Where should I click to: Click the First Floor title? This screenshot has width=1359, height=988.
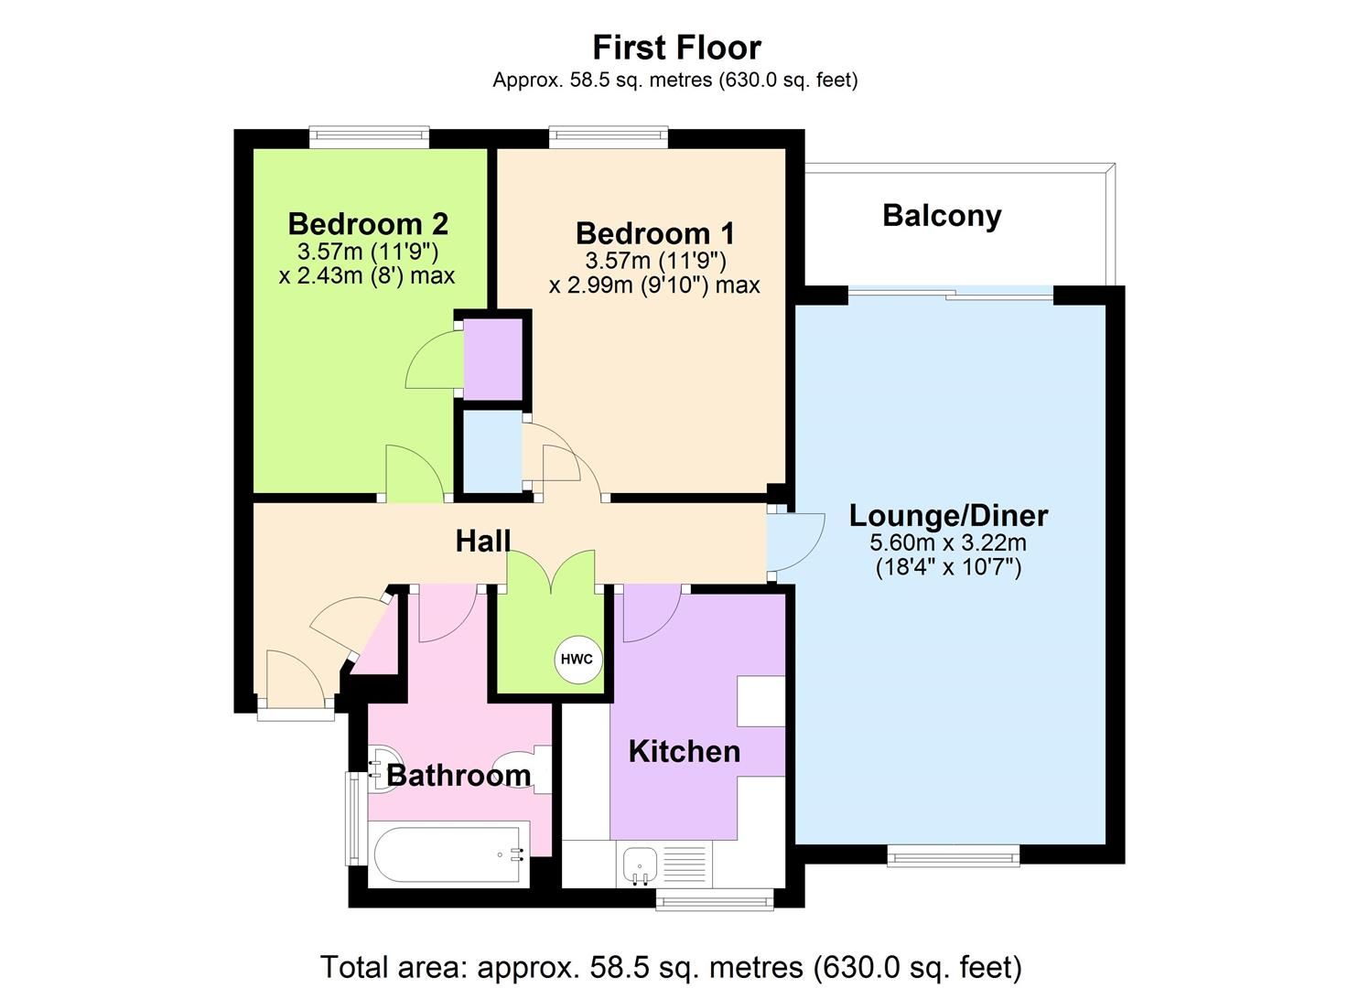[676, 47]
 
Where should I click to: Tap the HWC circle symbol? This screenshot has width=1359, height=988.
[577, 659]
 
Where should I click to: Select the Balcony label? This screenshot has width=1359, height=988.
[942, 216]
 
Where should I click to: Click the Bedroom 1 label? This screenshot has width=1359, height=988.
[654, 233]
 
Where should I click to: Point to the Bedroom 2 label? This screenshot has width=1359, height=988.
[367, 223]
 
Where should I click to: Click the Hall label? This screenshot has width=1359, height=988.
[482, 541]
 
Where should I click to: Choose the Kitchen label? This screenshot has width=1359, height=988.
[684, 751]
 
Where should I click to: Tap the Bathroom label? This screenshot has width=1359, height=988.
[458, 775]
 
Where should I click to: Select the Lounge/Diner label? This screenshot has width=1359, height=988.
[948, 515]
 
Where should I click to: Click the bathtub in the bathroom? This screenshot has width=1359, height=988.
[448, 854]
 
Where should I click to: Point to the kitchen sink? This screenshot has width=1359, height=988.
[638, 864]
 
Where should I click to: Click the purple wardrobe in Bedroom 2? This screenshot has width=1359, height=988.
[493, 359]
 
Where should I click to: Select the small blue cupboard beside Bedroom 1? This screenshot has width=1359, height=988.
[491, 452]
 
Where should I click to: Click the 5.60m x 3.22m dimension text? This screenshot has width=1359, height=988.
[948, 542]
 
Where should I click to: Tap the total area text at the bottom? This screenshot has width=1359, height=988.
[670, 966]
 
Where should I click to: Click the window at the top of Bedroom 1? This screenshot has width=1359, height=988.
[608, 137]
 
